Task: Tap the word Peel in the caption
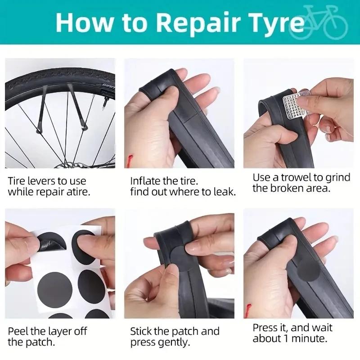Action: pos(18,332)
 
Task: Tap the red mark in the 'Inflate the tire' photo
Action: pos(130,159)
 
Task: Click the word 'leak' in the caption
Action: pos(223,192)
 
